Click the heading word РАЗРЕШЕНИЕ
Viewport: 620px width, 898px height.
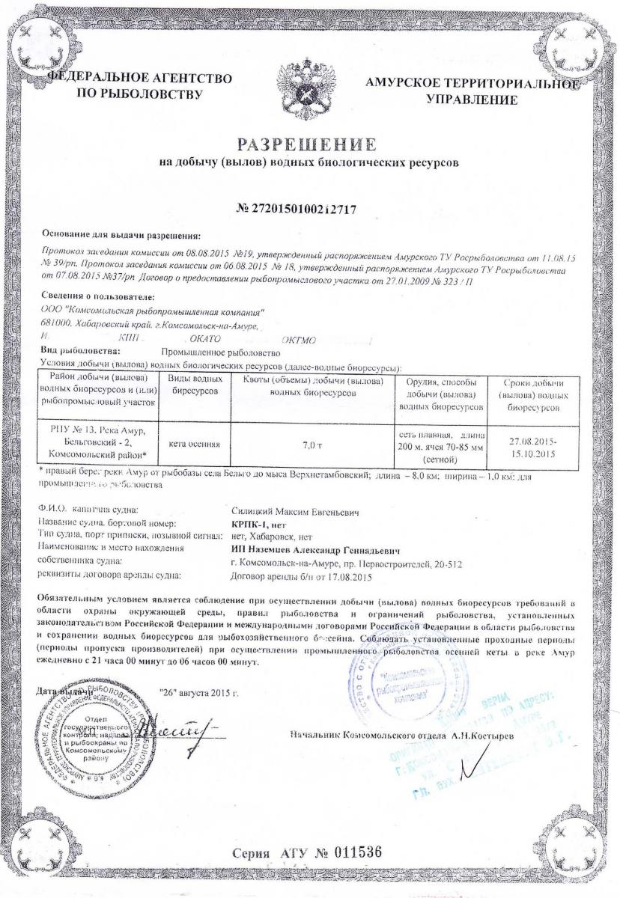pos(309,144)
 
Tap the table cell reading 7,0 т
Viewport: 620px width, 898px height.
pos(311,445)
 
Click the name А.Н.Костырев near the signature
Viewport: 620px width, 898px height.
pos(481,736)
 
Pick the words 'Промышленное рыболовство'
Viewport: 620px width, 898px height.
pos(220,351)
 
